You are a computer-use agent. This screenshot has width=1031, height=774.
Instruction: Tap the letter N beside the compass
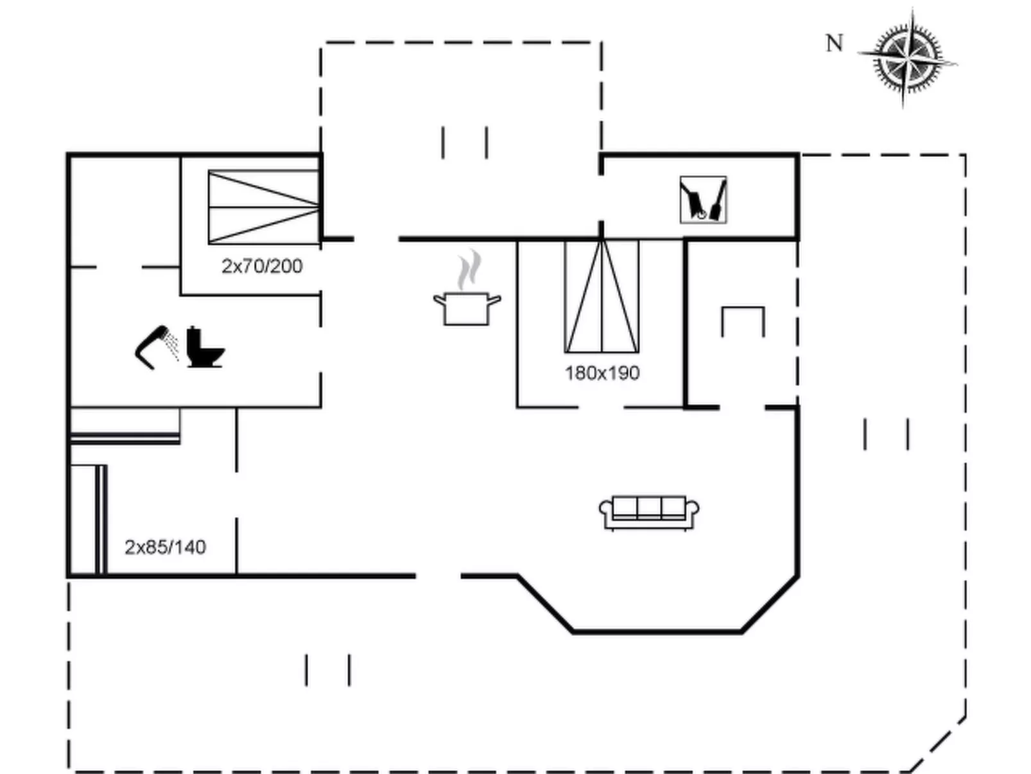[833, 44]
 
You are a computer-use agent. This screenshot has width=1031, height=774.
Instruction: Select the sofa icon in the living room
[649, 512]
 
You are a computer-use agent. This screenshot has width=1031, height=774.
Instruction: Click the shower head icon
[156, 347]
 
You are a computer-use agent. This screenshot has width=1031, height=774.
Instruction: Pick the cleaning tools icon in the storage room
[703, 200]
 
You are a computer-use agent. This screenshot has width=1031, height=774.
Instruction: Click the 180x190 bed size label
[602, 373]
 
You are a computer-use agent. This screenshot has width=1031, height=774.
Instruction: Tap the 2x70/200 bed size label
[262, 266]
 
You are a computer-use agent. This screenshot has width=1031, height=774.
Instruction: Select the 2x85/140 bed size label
[165, 547]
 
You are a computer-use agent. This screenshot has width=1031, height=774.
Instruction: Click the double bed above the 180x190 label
[602, 297]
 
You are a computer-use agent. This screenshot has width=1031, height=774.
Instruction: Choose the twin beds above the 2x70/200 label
[264, 207]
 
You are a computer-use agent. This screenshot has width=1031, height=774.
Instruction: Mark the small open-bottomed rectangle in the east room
[743, 321]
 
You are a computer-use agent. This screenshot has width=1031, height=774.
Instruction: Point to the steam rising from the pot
[469, 270]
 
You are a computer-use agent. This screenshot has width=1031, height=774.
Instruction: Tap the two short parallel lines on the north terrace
[465, 142]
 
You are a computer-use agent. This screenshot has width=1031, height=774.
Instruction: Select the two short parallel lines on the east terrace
[887, 434]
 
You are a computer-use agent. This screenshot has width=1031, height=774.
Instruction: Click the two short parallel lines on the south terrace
[328, 670]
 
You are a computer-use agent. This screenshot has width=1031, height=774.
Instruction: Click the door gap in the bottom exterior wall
[438, 576]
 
